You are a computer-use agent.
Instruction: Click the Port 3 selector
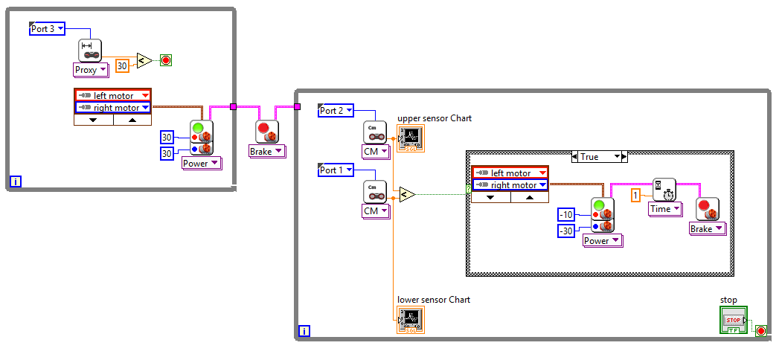(x=47, y=29)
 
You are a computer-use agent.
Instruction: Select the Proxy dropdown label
(x=91, y=69)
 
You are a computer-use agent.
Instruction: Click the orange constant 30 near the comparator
(x=123, y=65)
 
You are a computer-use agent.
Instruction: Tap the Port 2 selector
(x=336, y=110)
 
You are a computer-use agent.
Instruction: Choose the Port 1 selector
(x=336, y=170)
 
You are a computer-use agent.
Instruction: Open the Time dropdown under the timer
(x=664, y=209)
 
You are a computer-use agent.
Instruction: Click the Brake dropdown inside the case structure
(x=706, y=228)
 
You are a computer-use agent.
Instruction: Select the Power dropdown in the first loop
(x=201, y=163)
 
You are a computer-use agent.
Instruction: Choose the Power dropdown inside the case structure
(x=602, y=240)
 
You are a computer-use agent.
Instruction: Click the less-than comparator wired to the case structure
(x=406, y=194)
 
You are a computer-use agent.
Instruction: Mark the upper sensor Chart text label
(x=434, y=118)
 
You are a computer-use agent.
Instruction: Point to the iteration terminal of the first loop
(x=15, y=181)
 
